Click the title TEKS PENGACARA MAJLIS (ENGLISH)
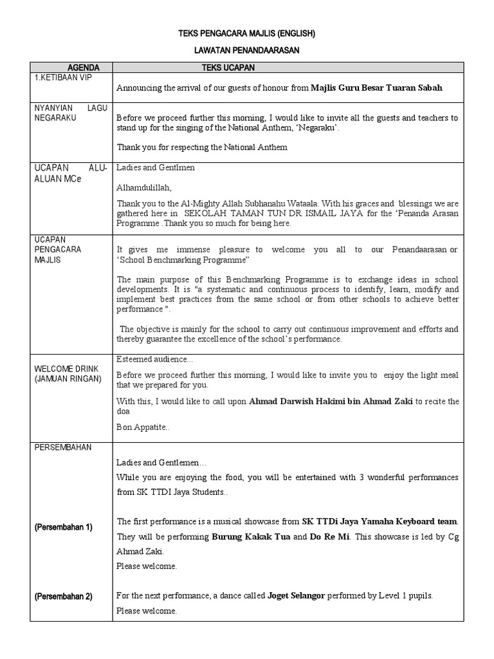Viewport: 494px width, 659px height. (x=246, y=32)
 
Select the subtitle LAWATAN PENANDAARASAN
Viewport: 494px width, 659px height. (x=246, y=49)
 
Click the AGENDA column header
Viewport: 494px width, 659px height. (x=84, y=67)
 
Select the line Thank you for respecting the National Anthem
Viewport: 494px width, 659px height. (x=202, y=147)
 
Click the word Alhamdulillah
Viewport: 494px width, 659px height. (x=145, y=187)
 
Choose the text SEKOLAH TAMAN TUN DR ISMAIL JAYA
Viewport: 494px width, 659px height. (x=273, y=213)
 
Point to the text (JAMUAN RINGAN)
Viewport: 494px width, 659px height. (x=68, y=379)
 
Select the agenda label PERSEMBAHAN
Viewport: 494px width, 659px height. (x=63, y=447)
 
